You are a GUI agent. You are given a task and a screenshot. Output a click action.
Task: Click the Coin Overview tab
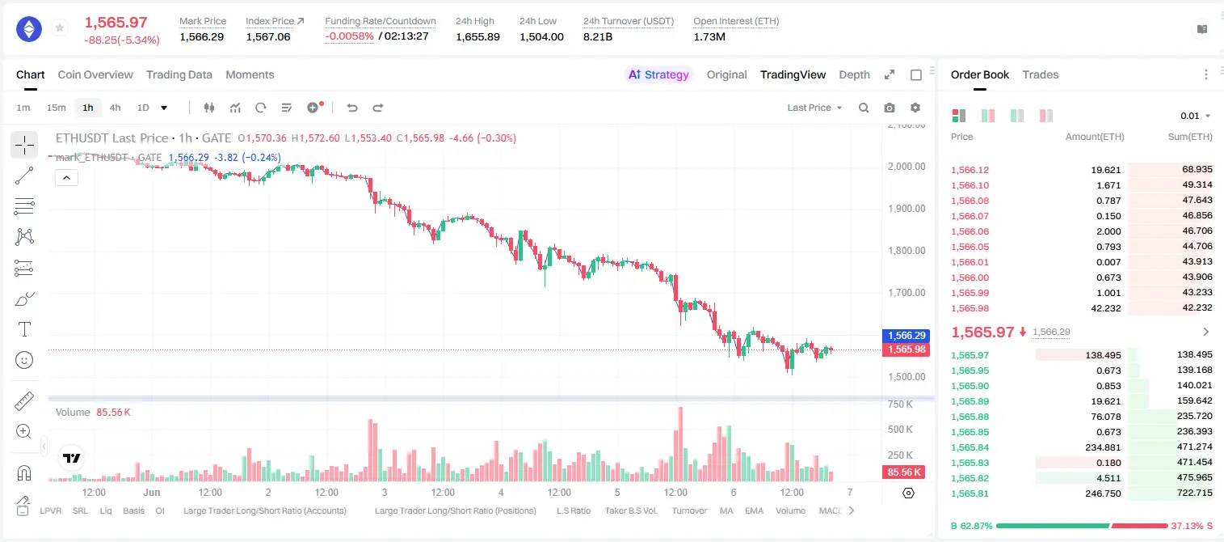[95, 74]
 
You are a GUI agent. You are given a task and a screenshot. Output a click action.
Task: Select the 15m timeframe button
[56, 108]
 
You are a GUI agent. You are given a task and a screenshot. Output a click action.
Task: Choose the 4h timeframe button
[115, 108]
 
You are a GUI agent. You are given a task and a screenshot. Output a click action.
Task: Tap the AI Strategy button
[658, 74]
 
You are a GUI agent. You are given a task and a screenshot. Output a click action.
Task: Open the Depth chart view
[854, 74]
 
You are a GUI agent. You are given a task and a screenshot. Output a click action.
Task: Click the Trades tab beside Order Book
[1041, 74]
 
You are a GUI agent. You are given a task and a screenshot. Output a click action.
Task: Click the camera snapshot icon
[890, 108]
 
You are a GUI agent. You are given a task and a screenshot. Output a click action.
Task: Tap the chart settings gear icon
[915, 108]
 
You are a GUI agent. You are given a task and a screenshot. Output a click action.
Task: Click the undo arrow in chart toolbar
[352, 108]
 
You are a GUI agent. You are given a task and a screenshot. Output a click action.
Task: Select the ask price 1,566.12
[970, 170]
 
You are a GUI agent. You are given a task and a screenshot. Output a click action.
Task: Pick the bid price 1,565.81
[970, 493]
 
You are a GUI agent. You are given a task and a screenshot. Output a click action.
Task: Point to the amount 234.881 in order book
[1103, 447]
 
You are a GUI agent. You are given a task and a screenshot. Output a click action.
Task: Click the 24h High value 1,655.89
[477, 36]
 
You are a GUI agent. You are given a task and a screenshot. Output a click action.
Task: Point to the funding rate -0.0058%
[349, 36]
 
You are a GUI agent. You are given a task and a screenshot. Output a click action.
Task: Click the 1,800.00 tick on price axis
[906, 251]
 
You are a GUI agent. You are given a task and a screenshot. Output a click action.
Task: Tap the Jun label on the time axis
[151, 492]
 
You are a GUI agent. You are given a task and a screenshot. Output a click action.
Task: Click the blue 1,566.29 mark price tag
[906, 335]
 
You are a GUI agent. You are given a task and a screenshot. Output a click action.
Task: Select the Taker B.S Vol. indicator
[630, 510]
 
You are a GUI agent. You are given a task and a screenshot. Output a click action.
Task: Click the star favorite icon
[60, 28]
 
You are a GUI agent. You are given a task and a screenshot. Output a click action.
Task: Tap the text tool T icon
[24, 329]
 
